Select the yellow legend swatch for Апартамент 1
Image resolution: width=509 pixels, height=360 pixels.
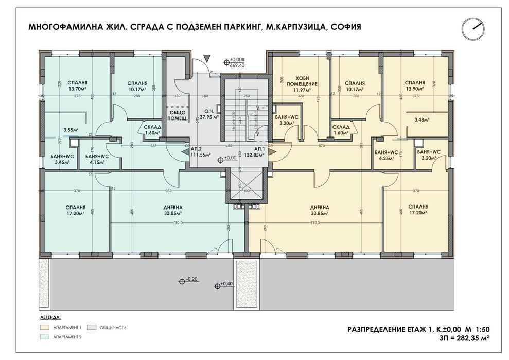(x=47, y=327)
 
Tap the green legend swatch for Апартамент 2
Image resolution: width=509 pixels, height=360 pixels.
(x=47, y=337)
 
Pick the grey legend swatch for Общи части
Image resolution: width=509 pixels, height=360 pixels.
(x=93, y=327)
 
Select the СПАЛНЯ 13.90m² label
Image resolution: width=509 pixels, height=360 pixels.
(x=414, y=85)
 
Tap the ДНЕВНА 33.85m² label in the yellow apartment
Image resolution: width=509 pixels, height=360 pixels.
(x=320, y=210)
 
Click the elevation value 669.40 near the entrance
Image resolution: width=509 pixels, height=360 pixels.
(x=237, y=66)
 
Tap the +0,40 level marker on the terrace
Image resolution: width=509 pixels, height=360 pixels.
(x=225, y=283)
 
